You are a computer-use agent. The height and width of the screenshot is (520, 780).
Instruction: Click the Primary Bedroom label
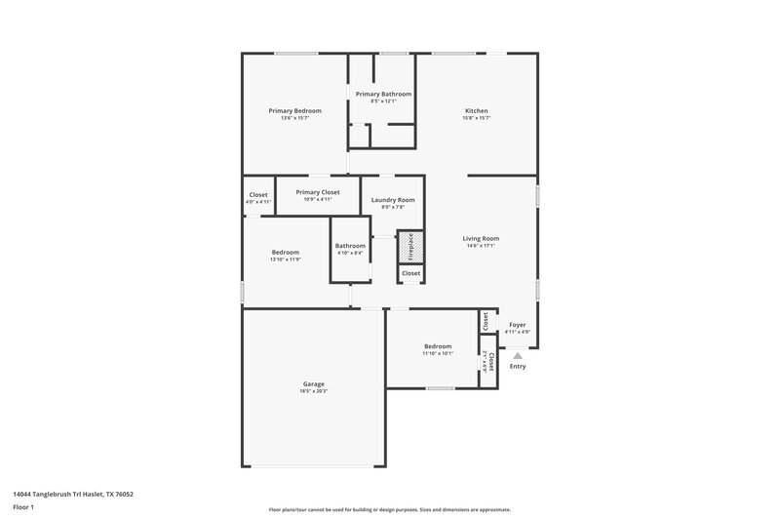[294, 110]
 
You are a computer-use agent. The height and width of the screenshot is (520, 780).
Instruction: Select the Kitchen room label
[476, 110]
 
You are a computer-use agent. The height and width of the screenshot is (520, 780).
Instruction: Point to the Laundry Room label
[393, 199]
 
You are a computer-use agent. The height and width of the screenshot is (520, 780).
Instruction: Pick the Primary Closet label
[317, 192]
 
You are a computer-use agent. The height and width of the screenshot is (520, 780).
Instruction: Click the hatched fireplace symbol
[410, 247]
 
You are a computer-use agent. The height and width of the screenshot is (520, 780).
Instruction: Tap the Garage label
[313, 383]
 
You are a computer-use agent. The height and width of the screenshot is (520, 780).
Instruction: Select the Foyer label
[517, 324]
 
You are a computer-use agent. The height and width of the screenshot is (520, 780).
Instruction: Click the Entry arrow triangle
[517, 356]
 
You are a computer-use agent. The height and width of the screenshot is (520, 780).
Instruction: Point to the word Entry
[517, 367]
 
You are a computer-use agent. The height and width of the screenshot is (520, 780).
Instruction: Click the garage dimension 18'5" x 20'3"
[313, 391]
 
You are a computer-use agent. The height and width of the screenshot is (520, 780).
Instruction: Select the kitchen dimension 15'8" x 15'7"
[476, 118]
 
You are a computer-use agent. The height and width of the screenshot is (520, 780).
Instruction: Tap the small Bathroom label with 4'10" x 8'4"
[350, 246]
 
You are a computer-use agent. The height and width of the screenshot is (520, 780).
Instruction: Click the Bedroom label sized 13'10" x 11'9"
[285, 252]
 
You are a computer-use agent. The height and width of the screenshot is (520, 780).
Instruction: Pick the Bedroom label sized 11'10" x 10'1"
[437, 346]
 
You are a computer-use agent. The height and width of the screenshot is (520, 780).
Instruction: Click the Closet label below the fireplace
[410, 273]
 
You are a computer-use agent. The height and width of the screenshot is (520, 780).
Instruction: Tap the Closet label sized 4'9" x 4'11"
[258, 194]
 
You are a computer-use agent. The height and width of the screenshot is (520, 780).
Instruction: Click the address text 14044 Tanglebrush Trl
[58, 495]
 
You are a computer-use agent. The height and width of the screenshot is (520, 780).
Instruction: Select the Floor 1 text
[24, 508]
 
